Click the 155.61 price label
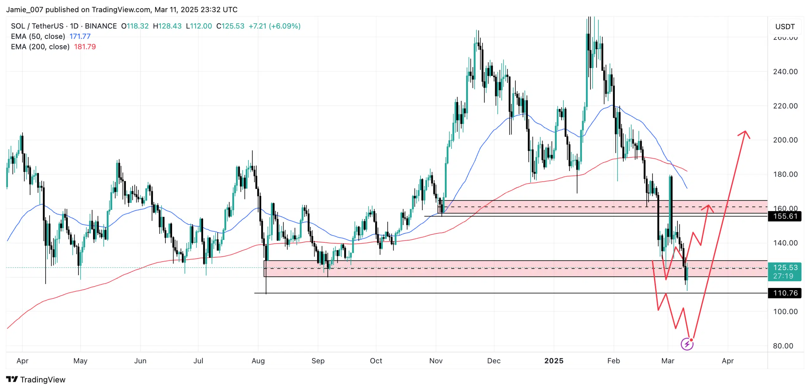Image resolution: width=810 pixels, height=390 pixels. point(784,216)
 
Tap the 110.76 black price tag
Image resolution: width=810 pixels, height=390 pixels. point(784,293)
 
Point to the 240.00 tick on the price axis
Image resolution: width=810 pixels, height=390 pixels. point(785,72)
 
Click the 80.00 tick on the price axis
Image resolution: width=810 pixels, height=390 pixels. point(783,346)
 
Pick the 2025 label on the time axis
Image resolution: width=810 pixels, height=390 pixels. point(554,361)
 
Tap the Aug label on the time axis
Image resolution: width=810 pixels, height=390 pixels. point(258,361)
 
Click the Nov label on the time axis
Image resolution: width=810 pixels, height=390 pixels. point(436,361)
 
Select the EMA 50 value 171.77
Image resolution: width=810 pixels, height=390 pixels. point(80,36)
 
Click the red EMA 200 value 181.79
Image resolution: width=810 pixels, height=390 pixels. point(85,47)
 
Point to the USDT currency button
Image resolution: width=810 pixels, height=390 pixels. point(785,27)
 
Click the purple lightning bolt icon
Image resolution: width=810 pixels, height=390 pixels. point(687,344)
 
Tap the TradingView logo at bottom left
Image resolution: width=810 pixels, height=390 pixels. point(35,379)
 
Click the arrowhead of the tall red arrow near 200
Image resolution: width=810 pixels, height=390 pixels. point(745,133)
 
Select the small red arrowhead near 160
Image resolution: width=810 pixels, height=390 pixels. point(708,208)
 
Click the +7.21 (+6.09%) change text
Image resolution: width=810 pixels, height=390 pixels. point(274,26)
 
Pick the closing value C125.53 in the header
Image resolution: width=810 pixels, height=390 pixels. point(230,26)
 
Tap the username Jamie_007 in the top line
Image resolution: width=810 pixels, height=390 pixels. point(24,9)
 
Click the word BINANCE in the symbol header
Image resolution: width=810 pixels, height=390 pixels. point(101,26)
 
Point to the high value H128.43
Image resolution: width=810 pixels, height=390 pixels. point(167,26)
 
